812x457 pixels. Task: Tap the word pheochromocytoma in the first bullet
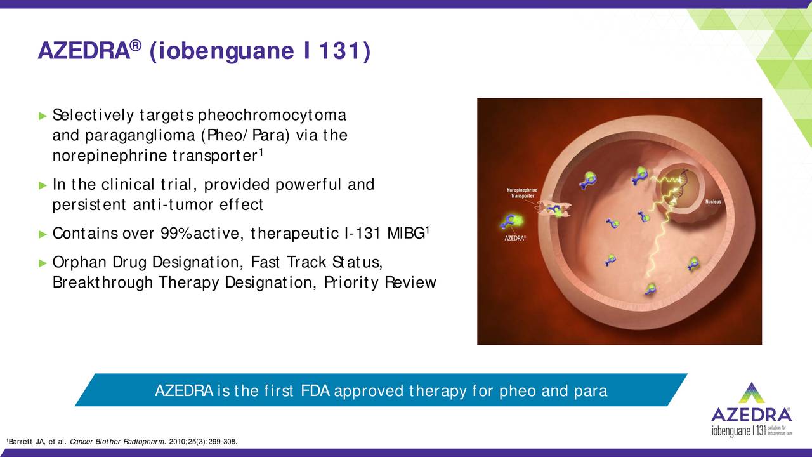[x=272, y=116]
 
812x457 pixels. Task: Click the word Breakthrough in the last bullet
[x=103, y=282]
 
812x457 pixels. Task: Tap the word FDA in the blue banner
[x=315, y=391]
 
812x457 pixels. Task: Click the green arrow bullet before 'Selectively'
[x=43, y=116]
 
